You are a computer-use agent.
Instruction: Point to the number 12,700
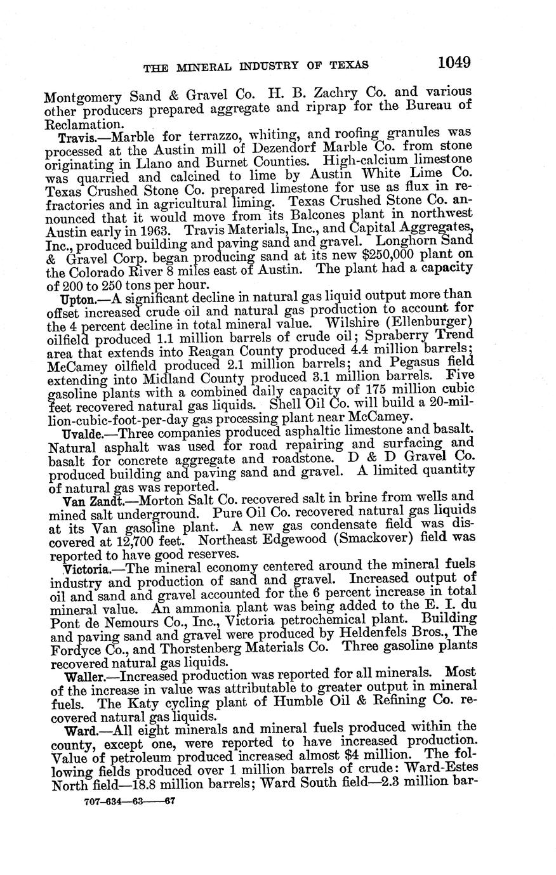pyautogui.click(x=128, y=541)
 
